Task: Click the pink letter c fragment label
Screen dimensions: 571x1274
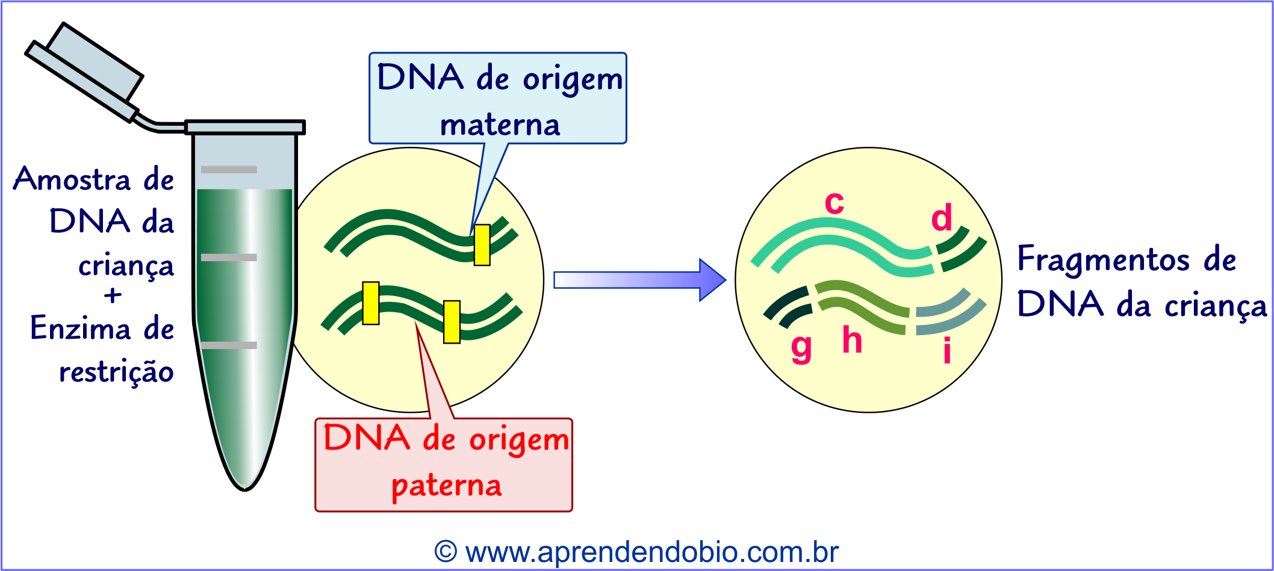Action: coord(834,203)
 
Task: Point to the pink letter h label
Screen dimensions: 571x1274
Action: coord(852,340)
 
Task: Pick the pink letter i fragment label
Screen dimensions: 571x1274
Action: coord(947,350)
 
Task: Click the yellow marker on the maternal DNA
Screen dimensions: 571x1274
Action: coord(482,245)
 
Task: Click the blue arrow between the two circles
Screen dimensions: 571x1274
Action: coord(638,280)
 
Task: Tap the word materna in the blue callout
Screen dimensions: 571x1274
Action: coord(500,125)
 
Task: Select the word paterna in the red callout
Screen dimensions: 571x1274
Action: coord(446,486)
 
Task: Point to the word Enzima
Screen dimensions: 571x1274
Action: coord(80,329)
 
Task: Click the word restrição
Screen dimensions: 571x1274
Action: coord(116,371)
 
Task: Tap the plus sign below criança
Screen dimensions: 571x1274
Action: coord(113,295)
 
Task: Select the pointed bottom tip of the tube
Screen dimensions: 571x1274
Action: coord(244,486)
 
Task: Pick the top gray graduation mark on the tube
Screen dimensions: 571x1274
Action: coord(229,170)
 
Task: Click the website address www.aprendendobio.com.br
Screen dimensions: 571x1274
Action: coord(651,552)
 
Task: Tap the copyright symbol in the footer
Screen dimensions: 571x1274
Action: coord(446,552)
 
